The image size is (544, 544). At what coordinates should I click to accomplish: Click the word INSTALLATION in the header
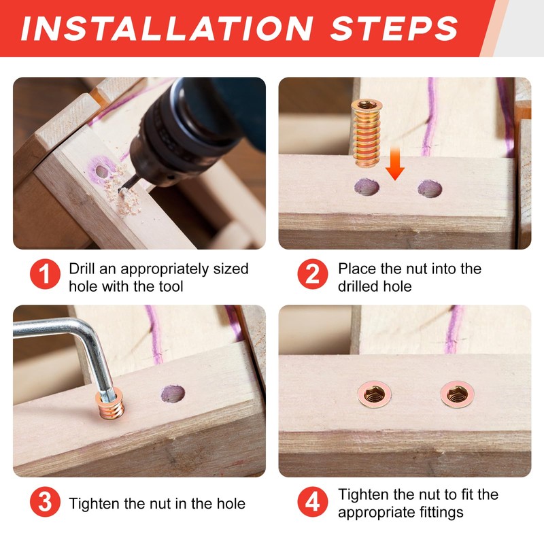point(167,28)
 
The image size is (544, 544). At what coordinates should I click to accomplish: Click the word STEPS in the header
point(394,28)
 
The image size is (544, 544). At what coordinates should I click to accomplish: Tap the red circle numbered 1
point(45,274)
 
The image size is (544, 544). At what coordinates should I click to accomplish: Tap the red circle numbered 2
point(313,274)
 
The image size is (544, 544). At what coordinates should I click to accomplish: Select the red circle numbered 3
point(45,502)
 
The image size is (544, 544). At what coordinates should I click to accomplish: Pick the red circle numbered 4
point(313,502)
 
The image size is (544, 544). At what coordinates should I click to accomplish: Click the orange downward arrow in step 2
point(395,163)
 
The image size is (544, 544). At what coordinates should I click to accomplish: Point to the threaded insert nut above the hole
point(367,133)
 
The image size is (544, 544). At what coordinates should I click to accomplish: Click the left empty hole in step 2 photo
point(367,188)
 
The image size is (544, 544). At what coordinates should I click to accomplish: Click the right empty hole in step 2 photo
point(430,189)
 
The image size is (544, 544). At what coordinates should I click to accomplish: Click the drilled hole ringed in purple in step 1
point(101,171)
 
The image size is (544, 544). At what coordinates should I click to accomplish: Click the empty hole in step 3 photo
point(173,394)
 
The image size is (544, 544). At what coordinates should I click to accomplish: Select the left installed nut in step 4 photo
point(375,394)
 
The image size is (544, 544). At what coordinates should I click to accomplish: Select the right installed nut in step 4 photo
point(457,394)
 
